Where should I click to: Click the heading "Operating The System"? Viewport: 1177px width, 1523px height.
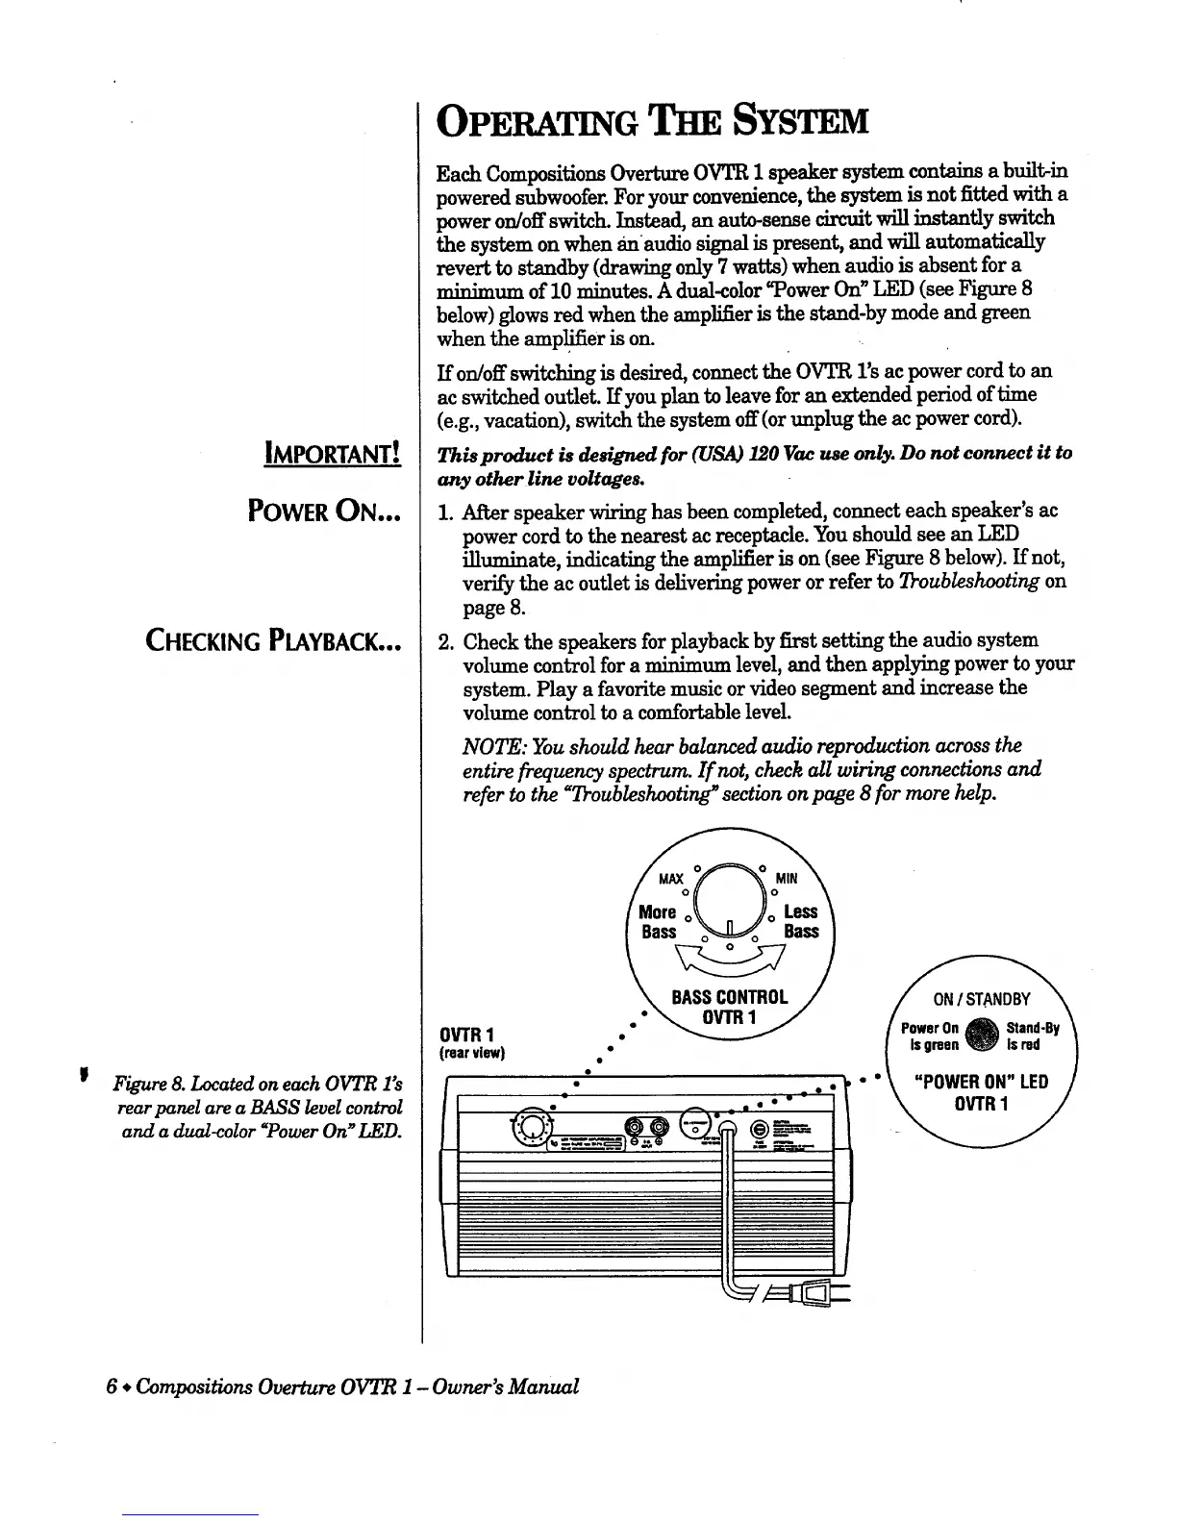tap(652, 123)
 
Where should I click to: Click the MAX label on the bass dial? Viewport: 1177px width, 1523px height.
tap(670, 878)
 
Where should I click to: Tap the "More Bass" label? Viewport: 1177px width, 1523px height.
tap(659, 921)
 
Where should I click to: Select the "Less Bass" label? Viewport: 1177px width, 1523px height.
tap(800, 921)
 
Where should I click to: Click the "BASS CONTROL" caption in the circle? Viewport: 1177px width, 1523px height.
tap(729, 997)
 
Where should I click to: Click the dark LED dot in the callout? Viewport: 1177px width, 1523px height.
tap(982, 1036)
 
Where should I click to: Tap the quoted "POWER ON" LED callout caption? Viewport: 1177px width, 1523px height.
tap(982, 1082)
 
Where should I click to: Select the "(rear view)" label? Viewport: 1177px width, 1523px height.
tap(472, 1052)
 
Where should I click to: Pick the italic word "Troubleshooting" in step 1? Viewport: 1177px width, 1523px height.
tap(972, 582)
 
